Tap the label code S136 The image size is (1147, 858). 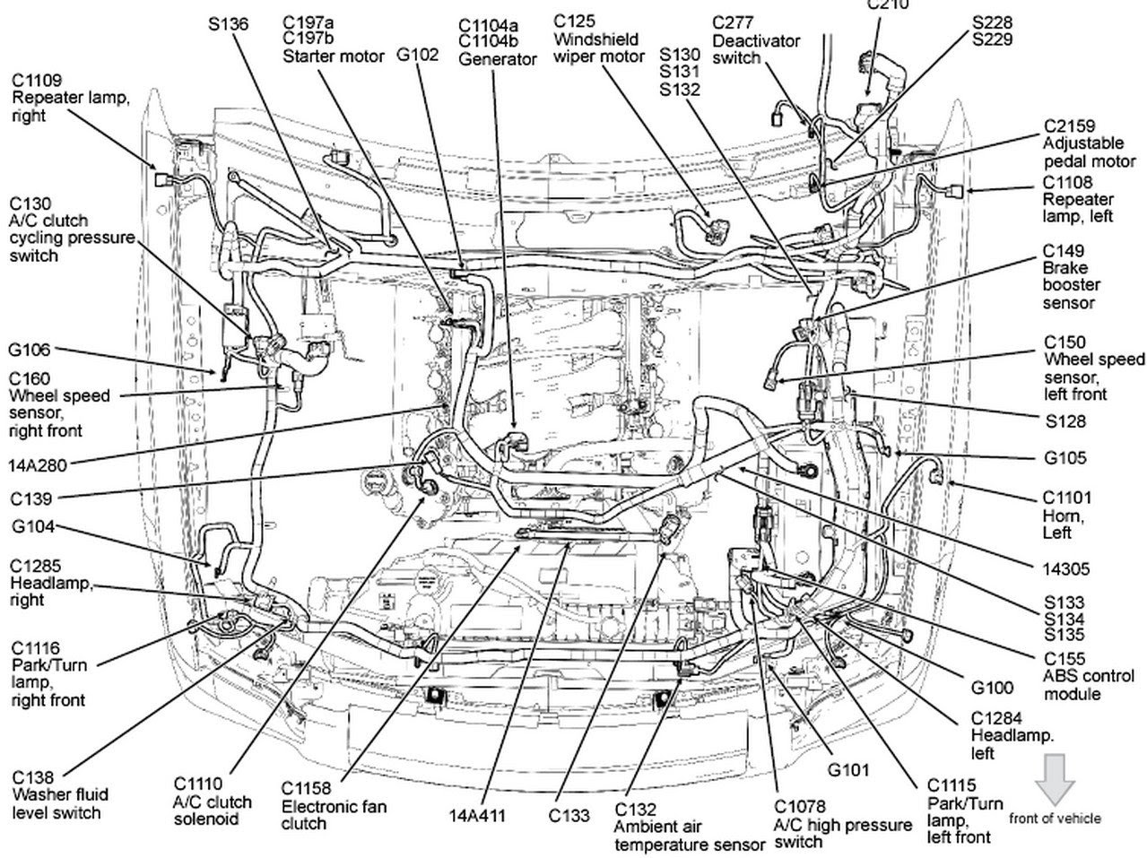click(228, 24)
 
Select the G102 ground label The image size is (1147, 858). click(418, 55)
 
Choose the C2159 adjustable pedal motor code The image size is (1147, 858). click(1069, 127)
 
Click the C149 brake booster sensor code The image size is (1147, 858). click(1064, 251)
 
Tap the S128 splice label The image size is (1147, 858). click(1064, 420)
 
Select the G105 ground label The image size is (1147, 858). click(1065, 458)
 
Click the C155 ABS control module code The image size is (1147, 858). click(1064, 658)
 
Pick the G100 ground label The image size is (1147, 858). click(993, 688)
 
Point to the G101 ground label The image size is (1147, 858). click(848, 769)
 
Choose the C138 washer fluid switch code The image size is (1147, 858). click(33, 777)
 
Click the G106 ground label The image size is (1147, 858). click(30, 350)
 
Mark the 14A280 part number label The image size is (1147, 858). click(38, 464)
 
